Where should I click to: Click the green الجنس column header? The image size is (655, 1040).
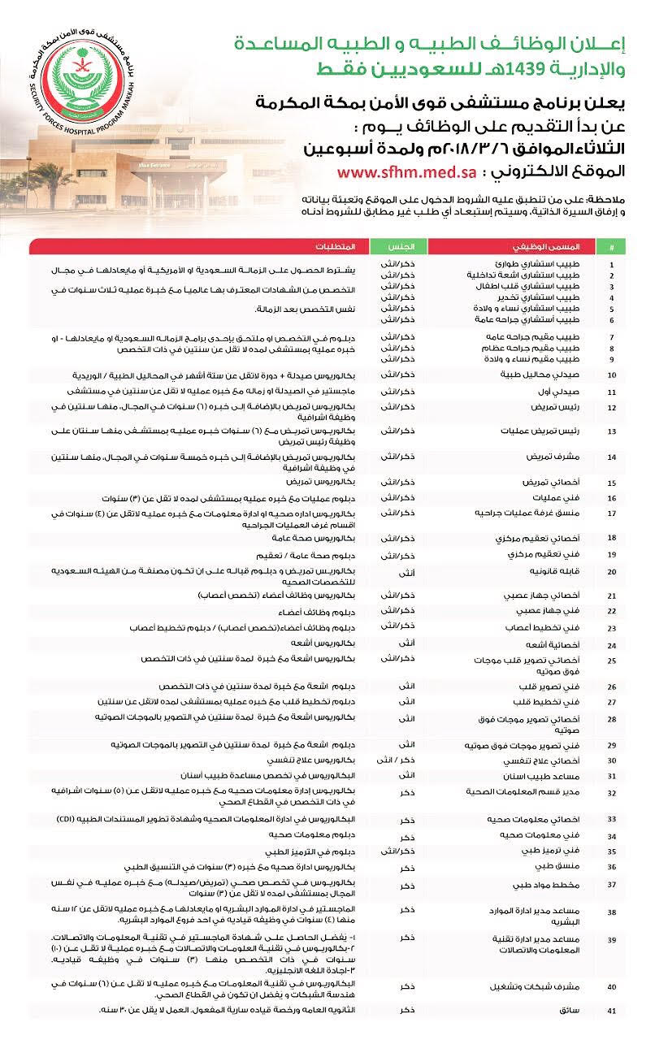397,245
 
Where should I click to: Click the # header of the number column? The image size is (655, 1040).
611,245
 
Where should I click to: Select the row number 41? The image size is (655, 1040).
611,1011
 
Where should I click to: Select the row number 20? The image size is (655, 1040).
611,572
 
